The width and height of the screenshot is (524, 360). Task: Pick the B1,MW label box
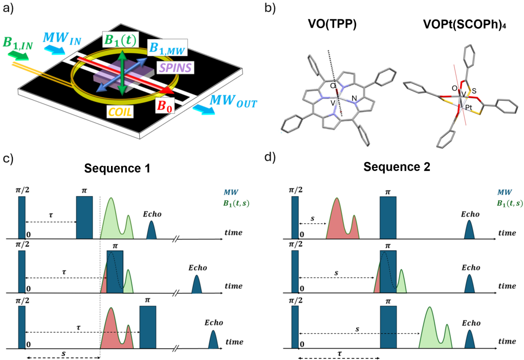point(167,48)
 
